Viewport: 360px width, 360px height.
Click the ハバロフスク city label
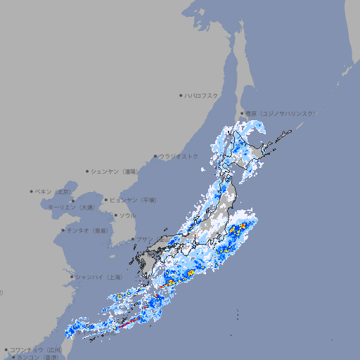point(202,95)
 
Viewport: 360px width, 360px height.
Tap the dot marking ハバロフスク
point(181,95)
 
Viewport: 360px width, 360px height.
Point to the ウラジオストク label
point(179,156)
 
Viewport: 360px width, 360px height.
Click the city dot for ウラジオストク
point(155,157)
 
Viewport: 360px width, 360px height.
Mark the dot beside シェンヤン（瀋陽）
point(87,171)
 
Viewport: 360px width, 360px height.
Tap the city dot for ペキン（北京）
point(32,191)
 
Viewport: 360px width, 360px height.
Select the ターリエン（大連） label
point(71,207)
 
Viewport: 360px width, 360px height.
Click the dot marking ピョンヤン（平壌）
point(107,200)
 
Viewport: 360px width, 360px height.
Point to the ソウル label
point(127,215)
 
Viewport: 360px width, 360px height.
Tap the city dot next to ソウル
point(115,216)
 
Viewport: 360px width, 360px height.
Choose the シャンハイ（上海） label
point(98,277)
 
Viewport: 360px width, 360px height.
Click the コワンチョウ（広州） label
point(36,349)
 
